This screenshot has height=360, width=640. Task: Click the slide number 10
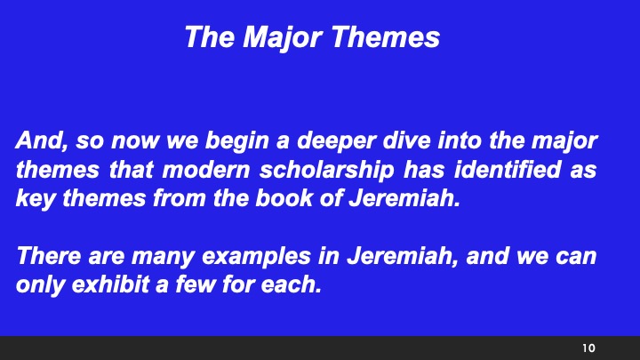tap(588, 347)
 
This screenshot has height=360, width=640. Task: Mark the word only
tap(36, 286)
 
